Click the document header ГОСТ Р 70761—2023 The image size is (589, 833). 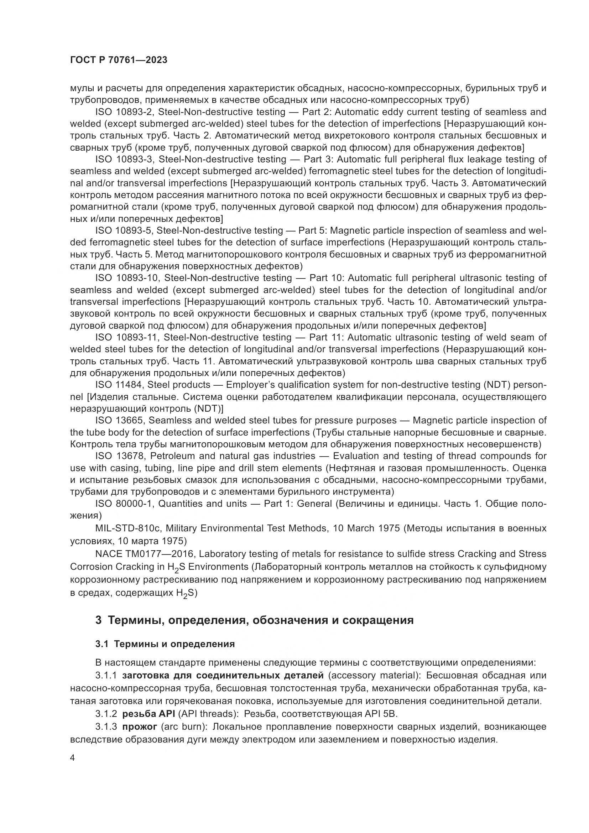coord(119,60)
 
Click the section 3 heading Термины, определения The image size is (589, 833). coord(254,620)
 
